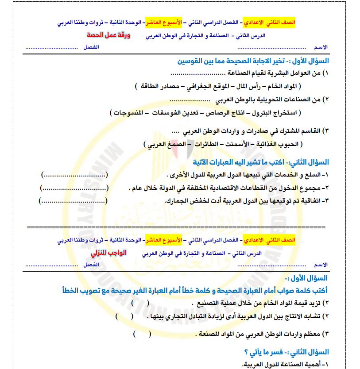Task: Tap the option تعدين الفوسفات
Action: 178,113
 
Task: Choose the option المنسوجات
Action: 132,113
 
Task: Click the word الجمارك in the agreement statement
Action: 175,201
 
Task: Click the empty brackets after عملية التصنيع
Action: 134,304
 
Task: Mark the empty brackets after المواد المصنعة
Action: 141,334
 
